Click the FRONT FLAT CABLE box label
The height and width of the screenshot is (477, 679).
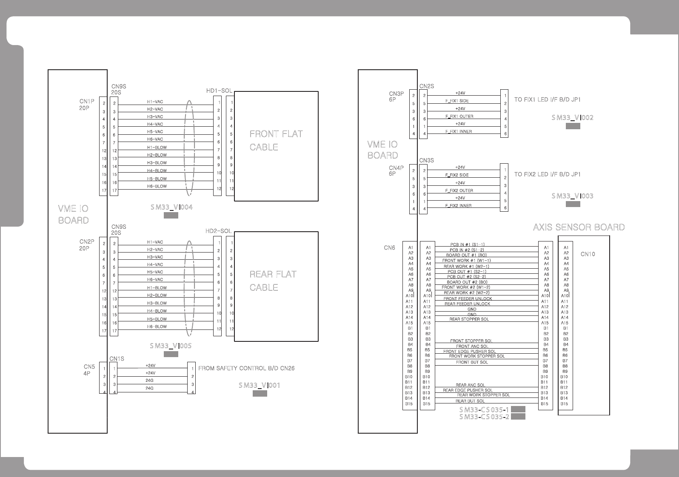(x=276, y=140)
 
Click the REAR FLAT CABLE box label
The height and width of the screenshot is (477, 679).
(x=273, y=281)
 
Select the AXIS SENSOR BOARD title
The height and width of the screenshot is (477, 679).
(x=579, y=227)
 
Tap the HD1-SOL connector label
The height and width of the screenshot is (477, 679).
(x=219, y=91)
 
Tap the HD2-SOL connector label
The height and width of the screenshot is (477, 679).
(x=218, y=231)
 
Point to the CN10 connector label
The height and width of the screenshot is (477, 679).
(x=588, y=254)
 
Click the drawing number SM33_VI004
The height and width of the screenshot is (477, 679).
(x=171, y=207)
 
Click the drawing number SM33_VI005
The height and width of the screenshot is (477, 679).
(x=171, y=346)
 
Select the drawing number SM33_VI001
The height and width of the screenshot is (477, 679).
(x=259, y=385)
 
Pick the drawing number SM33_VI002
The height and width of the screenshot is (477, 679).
(x=572, y=118)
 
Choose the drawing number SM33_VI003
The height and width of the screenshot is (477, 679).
(x=572, y=196)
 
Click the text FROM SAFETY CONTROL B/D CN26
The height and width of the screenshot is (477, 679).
(x=246, y=368)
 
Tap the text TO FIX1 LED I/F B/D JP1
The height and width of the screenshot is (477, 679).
(x=547, y=99)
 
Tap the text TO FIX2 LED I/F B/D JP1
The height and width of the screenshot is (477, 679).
(x=547, y=174)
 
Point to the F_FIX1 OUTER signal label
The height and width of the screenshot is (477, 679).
(x=459, y=116)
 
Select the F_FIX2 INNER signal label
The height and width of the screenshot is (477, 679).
(x=458, y=206)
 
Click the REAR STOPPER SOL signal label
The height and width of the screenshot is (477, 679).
(x=469, y=319)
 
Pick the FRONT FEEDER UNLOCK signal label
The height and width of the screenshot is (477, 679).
(x=468, y=298)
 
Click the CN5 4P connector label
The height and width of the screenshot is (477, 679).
(x=89, y=370)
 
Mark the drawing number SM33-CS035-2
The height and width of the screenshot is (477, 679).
(x=484, y=417)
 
